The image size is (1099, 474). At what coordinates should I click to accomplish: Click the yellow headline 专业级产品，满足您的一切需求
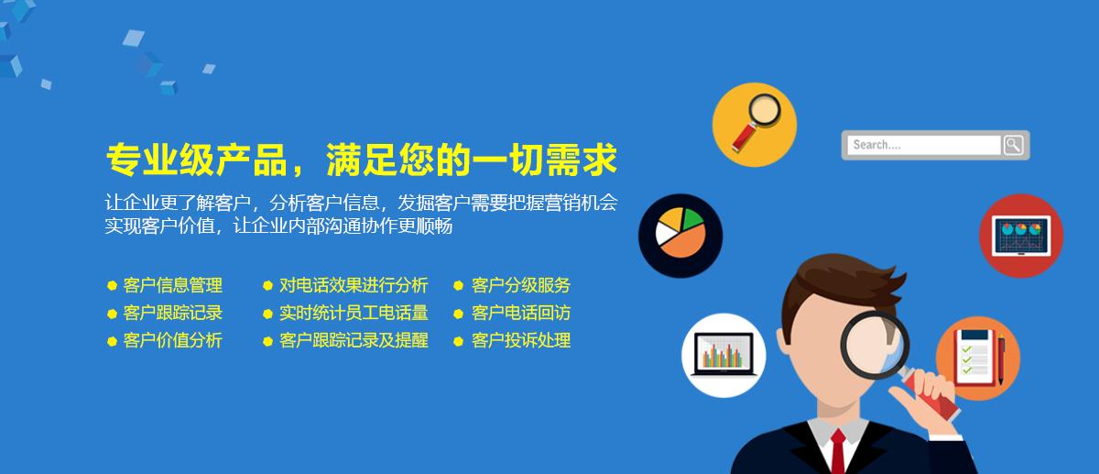pos(362,160)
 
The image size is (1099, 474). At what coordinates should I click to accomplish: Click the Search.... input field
pos(924,145)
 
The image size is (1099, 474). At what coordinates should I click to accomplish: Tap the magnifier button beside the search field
pos(1014,145)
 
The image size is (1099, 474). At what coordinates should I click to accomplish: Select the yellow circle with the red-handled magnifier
pos(755,125)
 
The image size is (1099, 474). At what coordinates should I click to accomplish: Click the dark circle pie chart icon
pos(680,236)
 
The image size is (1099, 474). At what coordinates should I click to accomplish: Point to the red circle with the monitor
pos(1021,236)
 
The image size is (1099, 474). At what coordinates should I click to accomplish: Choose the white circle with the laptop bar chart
pos(724,355)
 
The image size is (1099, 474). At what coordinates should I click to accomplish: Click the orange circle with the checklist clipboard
pos(979,358)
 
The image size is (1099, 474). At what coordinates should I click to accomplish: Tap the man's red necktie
pos(838,452)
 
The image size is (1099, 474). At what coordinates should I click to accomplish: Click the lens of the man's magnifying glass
pos(875,345)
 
